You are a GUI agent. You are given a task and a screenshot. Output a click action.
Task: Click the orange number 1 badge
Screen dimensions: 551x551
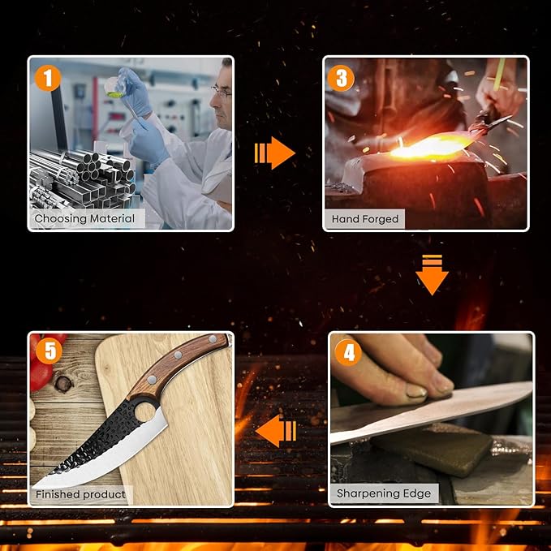click(x=48, y=78)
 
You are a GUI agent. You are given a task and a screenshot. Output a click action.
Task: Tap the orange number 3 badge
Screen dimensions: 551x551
click(x=341, y=78)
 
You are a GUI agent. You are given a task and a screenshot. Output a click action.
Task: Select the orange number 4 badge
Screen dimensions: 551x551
click(x=348, y=352)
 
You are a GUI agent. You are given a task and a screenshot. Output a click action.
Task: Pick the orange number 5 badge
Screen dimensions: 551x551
click(x=49, y=351)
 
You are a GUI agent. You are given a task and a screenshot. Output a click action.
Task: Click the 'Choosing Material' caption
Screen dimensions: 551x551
click(x=84, y=218)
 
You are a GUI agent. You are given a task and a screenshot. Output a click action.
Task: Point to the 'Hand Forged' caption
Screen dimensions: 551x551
click(x=364, y=219)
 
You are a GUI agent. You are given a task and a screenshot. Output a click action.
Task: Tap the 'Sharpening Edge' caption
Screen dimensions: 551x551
click(x=384, y=493)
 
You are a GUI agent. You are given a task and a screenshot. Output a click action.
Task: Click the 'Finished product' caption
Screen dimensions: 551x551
click(x=80, y=494)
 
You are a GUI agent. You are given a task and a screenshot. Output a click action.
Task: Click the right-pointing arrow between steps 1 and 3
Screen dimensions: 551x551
click(x=274, y=153)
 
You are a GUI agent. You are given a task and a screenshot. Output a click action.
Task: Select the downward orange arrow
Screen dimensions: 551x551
click(x=432, y=274)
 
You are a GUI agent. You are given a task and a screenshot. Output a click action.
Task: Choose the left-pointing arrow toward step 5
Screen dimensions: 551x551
click(x=276, y=431)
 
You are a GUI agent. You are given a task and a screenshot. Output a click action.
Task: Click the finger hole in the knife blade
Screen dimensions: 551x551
click(x=147, y=412)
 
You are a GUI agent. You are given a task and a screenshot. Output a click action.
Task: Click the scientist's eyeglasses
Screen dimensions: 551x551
click(x=222, y=92)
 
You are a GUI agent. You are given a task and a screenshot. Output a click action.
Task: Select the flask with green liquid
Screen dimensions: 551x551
click(x=114, y=88)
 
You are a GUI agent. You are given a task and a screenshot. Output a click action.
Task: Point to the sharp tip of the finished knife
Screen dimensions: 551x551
click(x=34, y=487)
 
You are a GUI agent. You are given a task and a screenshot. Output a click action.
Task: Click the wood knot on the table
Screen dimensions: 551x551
click(x=64, y=384)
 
